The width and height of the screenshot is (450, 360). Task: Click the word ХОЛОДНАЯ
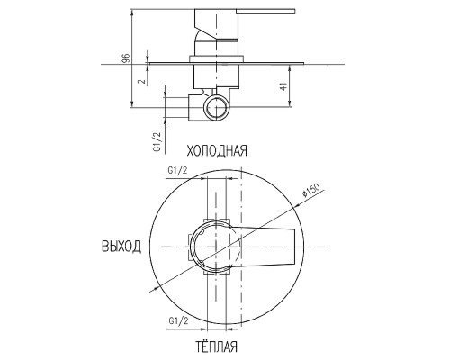pos(217,150)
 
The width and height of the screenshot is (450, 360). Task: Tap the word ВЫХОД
pos(121,247)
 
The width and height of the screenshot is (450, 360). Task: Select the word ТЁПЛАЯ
pos(217,346)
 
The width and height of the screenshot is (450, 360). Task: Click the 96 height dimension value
pos(127,58)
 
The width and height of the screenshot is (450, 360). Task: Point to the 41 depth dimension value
pos(283,86)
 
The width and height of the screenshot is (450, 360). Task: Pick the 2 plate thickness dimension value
pos(143,81)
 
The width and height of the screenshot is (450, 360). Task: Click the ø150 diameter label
pos(311,190)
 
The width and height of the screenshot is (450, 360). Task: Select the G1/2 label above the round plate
pos(177,171)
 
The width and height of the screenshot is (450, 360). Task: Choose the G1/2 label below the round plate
pos(178,321)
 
